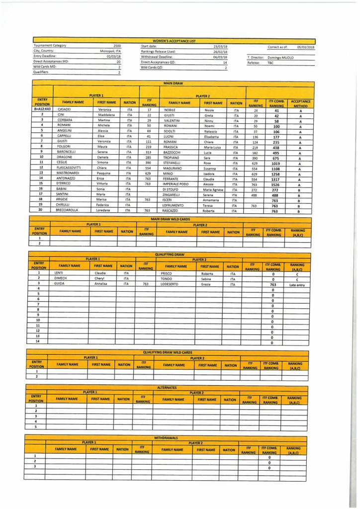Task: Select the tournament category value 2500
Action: pos(117,46)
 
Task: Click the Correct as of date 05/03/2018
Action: pos(306,47)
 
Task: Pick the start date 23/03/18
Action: pos(220,46)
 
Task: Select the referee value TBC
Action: pos(270,63)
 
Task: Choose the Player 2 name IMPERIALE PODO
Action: pos(176,184)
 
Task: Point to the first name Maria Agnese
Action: pos(214,189)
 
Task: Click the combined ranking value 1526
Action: pos(275,184)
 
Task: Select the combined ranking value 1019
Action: pos(275,163)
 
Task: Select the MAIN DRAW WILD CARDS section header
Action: pos(171,219)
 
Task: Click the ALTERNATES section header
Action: pos(167,387)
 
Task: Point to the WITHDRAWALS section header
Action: pos(166,438)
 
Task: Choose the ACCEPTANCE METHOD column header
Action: pos(300,103)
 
